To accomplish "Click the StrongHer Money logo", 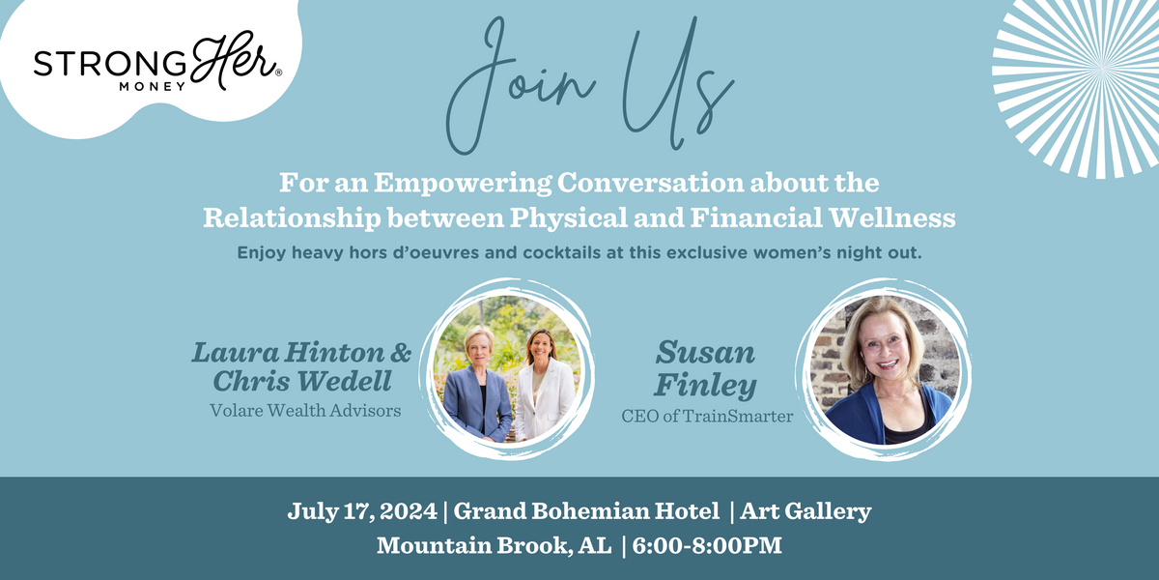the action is click(x=157, y=62).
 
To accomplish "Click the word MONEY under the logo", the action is click(x=153, y=87).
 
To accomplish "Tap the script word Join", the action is click(x=519, y=85).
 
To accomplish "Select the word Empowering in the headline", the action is click(x=462, y=184).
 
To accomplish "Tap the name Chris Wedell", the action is click(x=302, y=381).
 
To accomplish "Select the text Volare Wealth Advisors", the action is click(x=305, y=411).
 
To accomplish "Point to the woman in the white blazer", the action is click(x=543, y=386).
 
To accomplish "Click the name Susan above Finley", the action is click(x=705, y=352).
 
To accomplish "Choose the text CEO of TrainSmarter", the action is click(x=707, y=416).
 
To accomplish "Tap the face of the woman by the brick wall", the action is click(x=887, y=351).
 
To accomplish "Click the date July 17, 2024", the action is click(x=362, y=511).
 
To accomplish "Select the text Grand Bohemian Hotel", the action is click(x=586, y=511).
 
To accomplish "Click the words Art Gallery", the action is click(x=806, y=511).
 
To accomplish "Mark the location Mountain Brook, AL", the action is click(x=495, y=546).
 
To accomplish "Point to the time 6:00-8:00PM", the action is click(x=707, y=546).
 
